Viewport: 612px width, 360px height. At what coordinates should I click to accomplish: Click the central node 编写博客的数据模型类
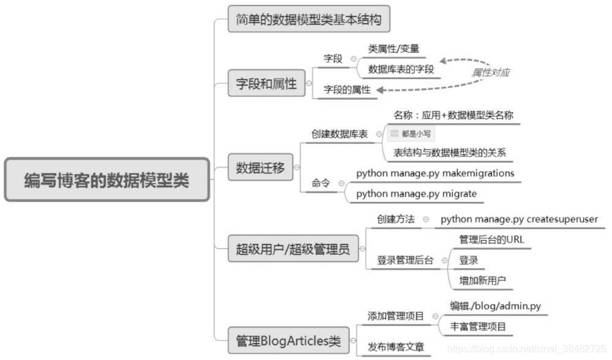point(106,180)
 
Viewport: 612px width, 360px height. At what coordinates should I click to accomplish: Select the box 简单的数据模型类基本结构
point(308,20)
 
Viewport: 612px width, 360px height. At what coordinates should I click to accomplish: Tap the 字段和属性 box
point(266,84)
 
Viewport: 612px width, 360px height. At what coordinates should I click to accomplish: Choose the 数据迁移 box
point(260,167)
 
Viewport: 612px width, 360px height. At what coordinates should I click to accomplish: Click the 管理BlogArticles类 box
point(288,340)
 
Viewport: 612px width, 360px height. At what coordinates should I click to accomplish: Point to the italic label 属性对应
point(490,72)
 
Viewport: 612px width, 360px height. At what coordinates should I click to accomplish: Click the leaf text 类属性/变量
point(393,49)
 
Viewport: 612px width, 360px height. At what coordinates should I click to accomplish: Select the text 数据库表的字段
point(401,69)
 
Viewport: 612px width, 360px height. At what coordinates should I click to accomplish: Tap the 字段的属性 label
point(347,90)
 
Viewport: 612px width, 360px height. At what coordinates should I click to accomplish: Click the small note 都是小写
point(411,133)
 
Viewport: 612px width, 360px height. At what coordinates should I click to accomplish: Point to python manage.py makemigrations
point(435,173)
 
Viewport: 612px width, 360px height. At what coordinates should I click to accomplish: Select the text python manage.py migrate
point(416,194)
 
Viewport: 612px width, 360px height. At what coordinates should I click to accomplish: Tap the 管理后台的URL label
point(491,239)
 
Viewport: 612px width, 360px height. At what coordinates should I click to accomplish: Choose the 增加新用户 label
point(482,280)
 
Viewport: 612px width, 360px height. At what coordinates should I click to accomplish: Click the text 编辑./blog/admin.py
point(495,306)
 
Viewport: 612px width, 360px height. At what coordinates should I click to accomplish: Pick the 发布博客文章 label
point(396,347)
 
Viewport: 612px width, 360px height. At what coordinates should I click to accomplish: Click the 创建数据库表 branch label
point(339,134)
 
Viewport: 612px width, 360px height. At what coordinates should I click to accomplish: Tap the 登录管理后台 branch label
point(405,260)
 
